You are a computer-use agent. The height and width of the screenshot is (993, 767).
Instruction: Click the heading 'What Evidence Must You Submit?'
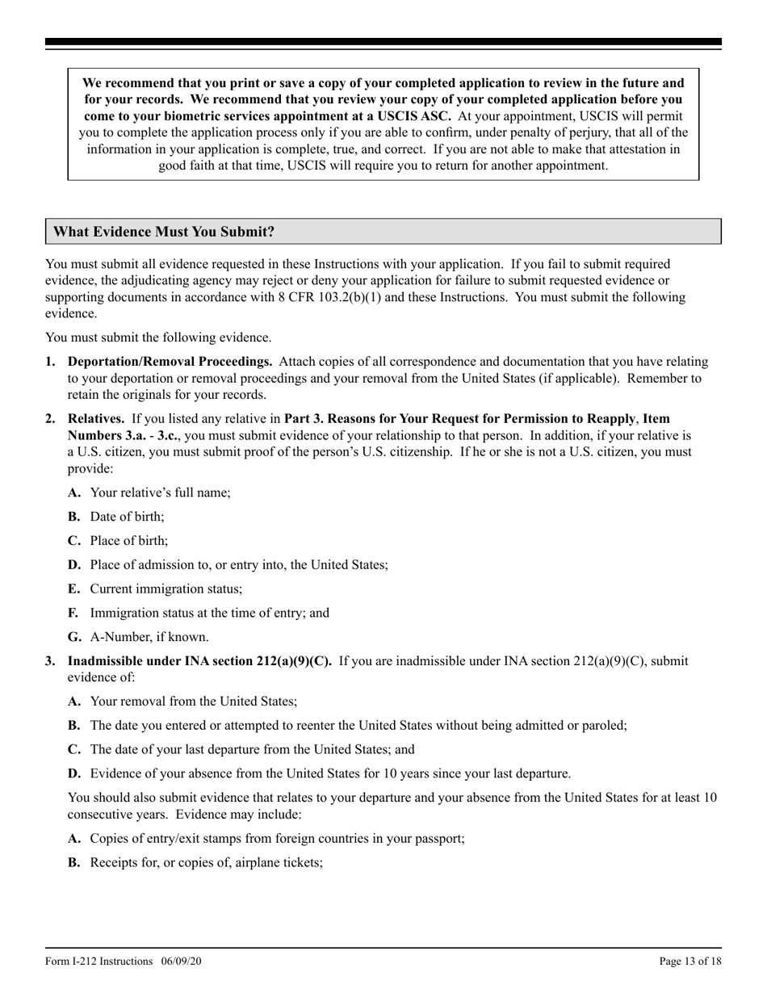[164, 233]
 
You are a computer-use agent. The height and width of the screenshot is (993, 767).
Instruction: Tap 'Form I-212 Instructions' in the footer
[99, 961]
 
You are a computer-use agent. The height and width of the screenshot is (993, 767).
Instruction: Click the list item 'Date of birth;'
[127, 517]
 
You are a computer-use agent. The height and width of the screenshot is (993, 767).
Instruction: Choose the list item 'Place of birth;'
[129, 541]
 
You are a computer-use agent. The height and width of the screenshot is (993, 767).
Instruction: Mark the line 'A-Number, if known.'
[149, 637]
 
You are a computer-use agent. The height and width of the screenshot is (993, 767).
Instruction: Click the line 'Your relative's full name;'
[160, 492]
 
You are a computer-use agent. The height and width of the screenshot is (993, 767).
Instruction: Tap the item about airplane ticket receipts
[206, 862]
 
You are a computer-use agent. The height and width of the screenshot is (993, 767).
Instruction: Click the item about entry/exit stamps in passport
[277, 838]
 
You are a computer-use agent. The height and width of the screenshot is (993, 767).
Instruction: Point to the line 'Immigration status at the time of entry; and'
[209, 613]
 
